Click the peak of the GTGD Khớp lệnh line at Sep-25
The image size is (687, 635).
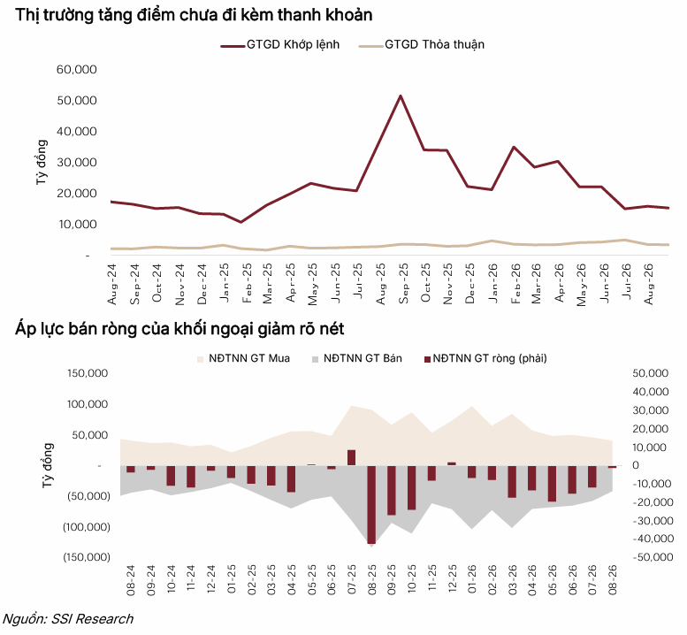[x=401, y=96]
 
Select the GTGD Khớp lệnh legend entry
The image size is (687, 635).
[x=280, y=45]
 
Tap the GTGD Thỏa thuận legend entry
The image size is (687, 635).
[x=422, y=45]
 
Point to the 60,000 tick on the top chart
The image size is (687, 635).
[x=77, y=69]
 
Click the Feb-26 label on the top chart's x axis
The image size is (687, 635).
[x=515, y=283]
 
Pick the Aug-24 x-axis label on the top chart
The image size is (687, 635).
[x=111, y=284]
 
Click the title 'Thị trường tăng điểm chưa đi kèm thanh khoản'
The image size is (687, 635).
[x=194, y=15]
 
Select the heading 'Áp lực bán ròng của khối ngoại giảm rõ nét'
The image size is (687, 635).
[x=179, y=329]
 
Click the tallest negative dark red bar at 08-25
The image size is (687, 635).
[x=371, y=504]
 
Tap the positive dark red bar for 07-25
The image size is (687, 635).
[x=351, y=457]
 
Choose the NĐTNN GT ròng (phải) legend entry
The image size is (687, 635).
[x=485, y=358]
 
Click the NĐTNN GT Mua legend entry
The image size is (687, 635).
[x=244, y=358]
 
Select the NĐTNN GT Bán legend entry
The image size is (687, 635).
[x=356, y=358]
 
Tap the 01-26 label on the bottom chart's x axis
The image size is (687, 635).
[x=472, y=579]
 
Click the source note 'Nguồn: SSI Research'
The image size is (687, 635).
[x=68, y=619]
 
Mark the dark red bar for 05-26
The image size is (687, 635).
[x=552, y=484]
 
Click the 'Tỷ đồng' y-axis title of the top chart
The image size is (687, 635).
[x=42, y=162]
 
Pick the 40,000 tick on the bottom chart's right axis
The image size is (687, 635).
[x=651, y=392]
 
